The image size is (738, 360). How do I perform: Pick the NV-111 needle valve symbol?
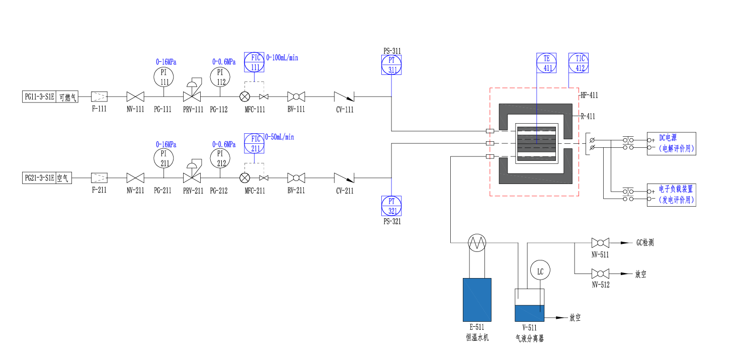(x=135, y=97)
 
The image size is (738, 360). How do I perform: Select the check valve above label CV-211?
(x=344, y=178)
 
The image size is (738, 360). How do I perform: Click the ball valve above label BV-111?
(x=296, y=97)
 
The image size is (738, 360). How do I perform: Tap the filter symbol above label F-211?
(x=99, y=178)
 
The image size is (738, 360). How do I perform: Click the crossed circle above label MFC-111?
(x=244, y=97)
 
